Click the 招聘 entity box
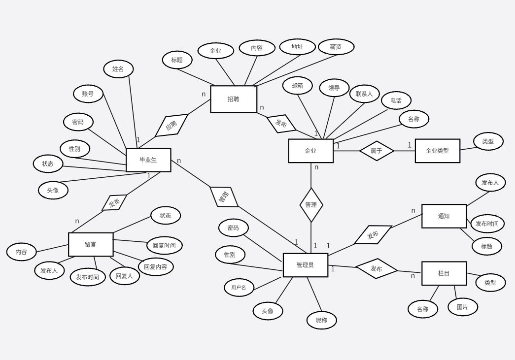click(x=234, y=99)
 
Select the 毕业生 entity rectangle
click(x=148, y=160)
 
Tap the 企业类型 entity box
click(x=437, y=151)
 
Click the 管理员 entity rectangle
click(x=305, y=265)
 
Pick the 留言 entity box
click(x=91, y=244)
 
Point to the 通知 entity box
click(x=444, y=216)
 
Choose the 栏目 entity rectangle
click(x=444, y=273)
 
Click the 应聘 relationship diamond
click(x=172, y=126)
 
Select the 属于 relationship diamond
click(x=377, y=151)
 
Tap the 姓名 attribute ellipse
click(x=118, y=69)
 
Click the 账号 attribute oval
click(x=88, y=94)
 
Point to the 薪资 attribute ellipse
click(x=336, y=47)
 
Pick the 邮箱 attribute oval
click(x=297, y=86)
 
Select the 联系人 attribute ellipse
click(x=364, y=94)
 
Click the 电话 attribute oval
click(x=396, y=100)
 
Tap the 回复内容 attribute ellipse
click(x=156, y=267)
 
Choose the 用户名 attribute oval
click(x=239, y=288)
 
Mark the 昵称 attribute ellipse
click(x=321, y=320)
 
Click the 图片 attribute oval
click(x=463, y=307)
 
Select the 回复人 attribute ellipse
click(x=124, y=276)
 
